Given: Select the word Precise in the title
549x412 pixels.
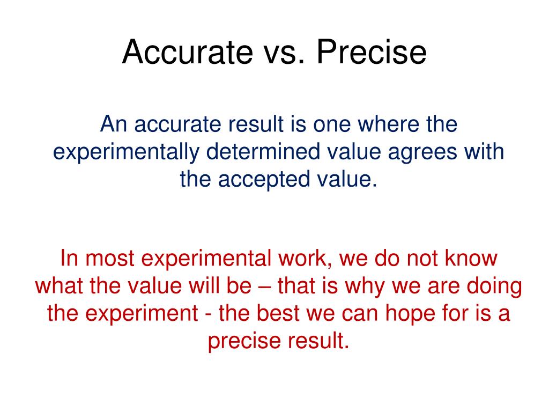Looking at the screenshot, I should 371,53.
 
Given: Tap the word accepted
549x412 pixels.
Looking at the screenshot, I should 263,179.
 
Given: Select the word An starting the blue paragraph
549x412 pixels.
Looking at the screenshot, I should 113,125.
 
